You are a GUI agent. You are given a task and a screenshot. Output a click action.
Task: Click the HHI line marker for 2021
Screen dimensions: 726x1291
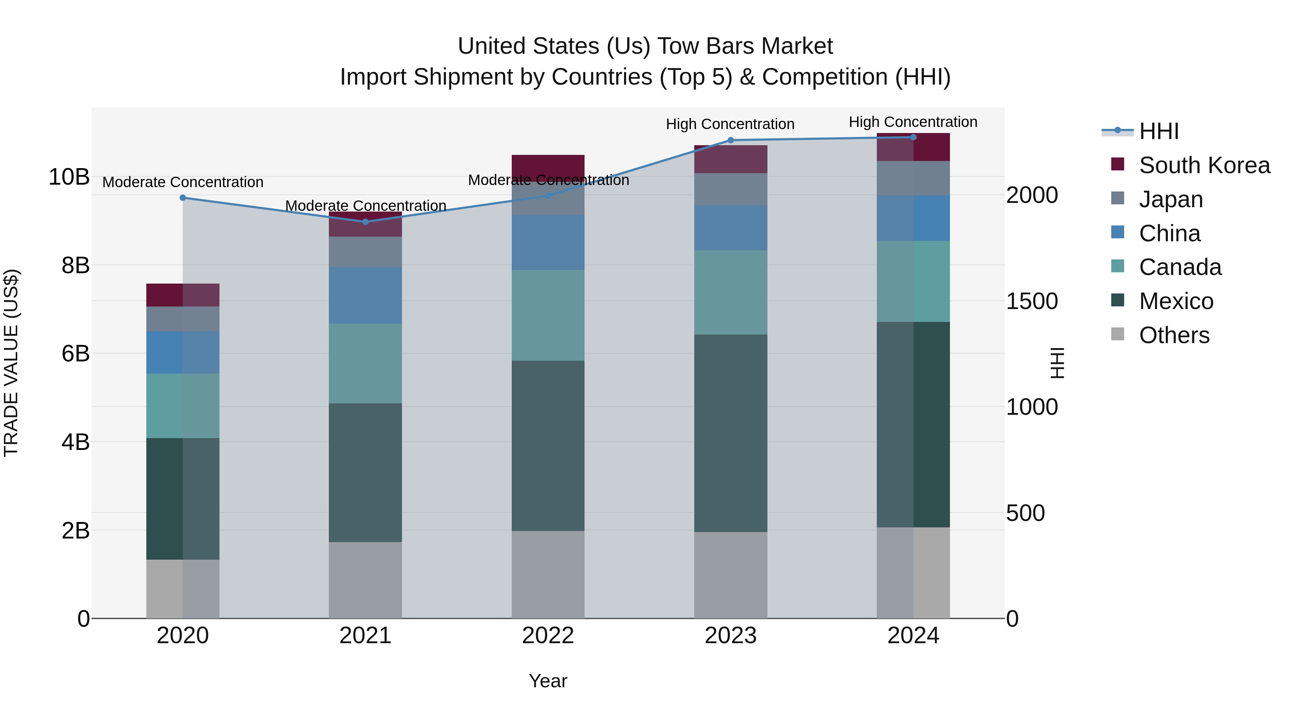click(x=365, y=222)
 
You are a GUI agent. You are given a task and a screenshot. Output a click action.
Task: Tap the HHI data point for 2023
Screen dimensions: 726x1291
click(x=730, y=140)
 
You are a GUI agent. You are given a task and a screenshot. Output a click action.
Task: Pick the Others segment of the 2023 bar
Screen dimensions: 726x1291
click(x=730, y=575)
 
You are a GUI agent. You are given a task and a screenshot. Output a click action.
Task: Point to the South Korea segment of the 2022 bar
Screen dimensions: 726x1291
click(x=548, y=164)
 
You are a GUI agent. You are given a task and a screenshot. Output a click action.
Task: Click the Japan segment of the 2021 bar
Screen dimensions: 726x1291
click(x=365, y=252)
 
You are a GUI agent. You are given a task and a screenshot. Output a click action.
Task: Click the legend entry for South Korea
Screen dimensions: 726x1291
click(x=1204, y=165)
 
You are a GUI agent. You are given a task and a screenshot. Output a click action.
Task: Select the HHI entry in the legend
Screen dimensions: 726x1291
click(x=1158, y=131)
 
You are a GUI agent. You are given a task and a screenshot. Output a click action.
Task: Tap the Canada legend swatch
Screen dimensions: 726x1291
click(x=1117, y=266)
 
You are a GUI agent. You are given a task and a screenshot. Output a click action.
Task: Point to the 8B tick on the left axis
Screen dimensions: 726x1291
click(x=76, y=265)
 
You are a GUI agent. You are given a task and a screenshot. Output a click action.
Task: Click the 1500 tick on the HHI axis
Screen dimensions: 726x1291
click(x=1032, y=301)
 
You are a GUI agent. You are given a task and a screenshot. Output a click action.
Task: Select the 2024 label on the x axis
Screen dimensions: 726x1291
click(x=913, y=636)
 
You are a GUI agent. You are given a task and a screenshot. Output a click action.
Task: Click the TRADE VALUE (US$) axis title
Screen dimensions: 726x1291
click(x=11, y=363)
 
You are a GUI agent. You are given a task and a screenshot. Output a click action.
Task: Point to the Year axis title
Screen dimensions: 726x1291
click(x=548, y=681)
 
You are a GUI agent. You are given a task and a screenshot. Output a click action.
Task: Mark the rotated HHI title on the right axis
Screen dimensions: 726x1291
click(x=1057, y=363)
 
